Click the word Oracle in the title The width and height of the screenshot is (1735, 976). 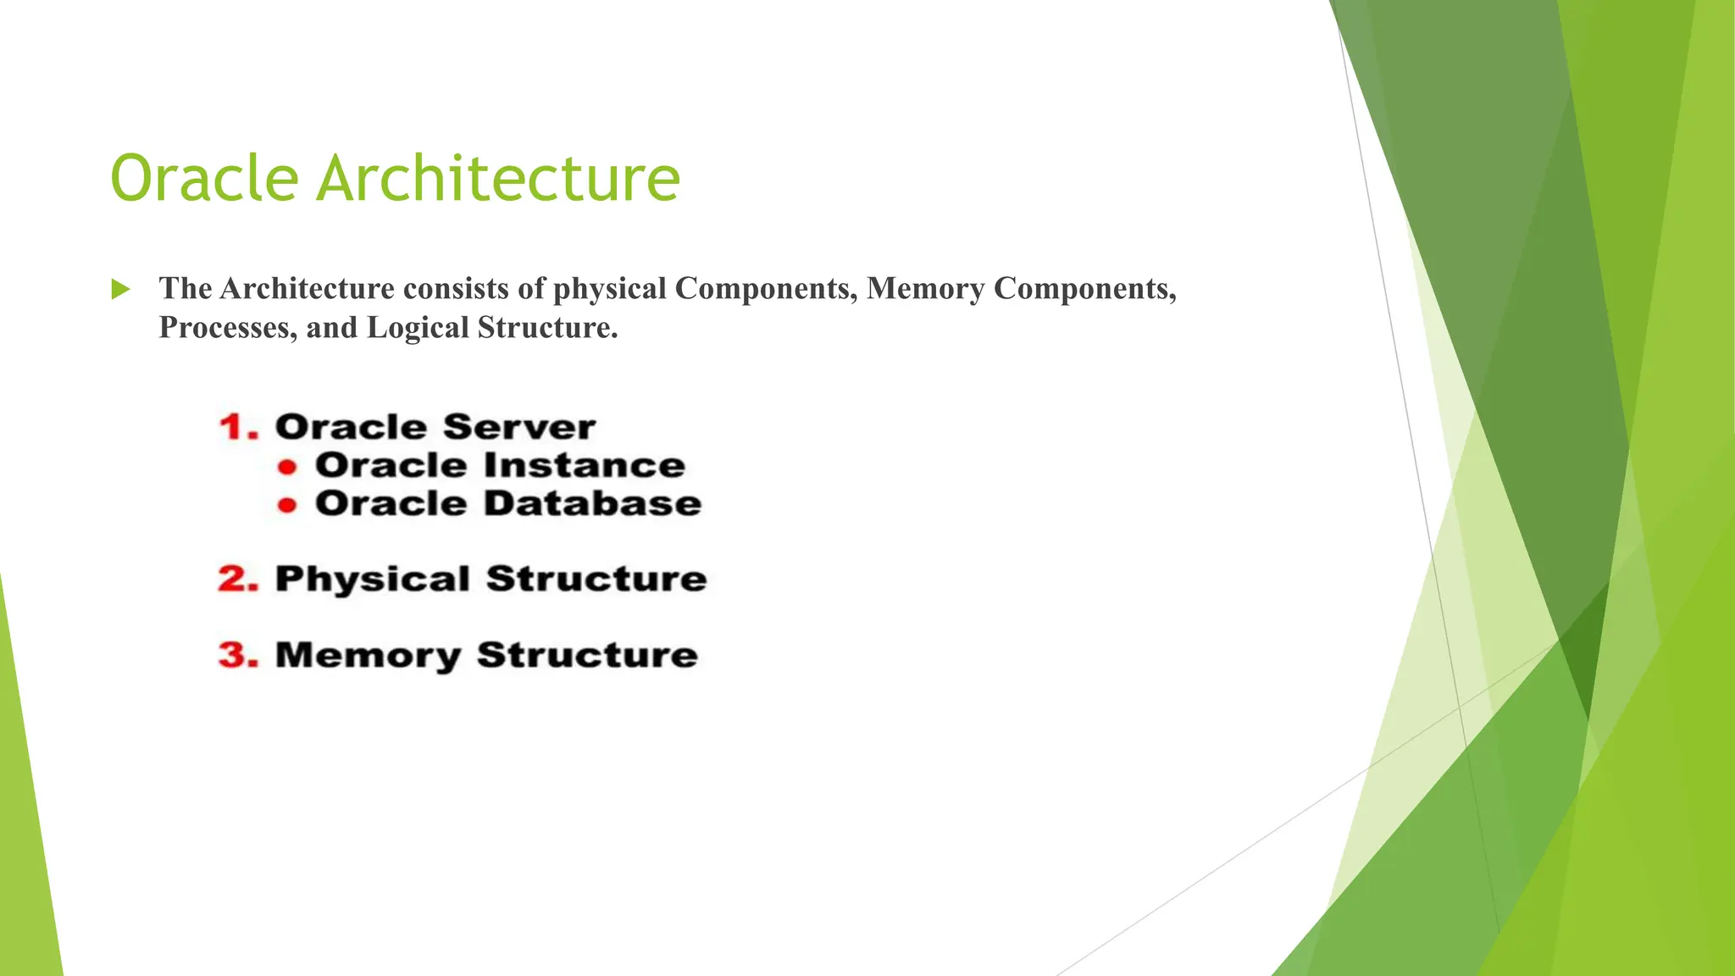pyautogui.click(x=204, y=179)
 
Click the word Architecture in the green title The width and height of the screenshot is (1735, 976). pyautogui.click(x=498, y=179)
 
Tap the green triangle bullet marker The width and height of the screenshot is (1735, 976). pyautogui.click(x=120, y=290)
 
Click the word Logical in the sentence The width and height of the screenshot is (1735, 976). pyautogui.click(x=418, y=328)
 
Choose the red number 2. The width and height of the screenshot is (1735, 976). pyautogui.click(x=237, y=579)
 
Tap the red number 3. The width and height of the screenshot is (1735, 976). pyautogui.click(x=237, y=656)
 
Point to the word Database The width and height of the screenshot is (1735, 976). pyautogui.click(x=593, y=504)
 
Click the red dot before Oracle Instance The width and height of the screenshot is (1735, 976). pyautogui.click(x=288, y=467)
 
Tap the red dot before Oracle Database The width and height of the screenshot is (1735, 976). pyautogui.click(x=288, y=506)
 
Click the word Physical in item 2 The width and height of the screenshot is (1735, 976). pyautogui.click(x=372, y=579)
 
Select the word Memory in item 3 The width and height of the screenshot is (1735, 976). pyautogui.click(x=368, y=657)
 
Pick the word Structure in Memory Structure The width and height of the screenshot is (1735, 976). pyautogui.click(x=587, y=656)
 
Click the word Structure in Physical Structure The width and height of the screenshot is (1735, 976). pyautogui.click(x=596, y=579)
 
